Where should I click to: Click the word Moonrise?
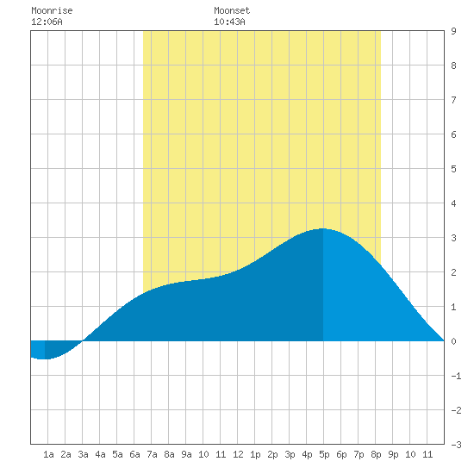52,10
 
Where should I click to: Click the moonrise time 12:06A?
47,22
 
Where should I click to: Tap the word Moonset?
232,10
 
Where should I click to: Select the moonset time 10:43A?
229,22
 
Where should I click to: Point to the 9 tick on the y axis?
453,31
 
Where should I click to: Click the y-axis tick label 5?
453,169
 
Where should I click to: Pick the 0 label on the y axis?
453,341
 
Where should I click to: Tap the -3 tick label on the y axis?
456,445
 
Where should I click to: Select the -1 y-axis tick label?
456,376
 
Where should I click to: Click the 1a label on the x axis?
48,454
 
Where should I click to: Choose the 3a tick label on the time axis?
83,454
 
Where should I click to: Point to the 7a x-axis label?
152,454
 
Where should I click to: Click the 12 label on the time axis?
238,454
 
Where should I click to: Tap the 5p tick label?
324,454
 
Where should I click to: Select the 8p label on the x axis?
376,454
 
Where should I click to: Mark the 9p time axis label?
393,454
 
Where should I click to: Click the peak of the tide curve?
323,228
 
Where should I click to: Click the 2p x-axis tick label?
272,454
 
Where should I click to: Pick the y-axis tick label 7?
453,100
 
